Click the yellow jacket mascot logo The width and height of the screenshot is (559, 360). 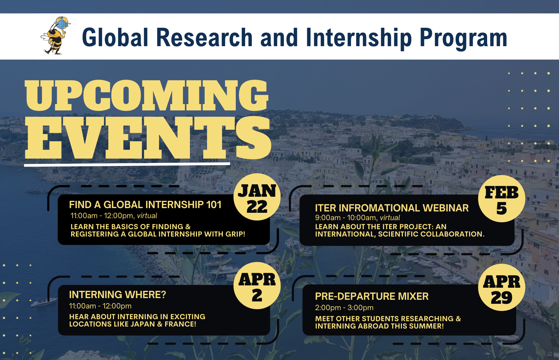click(55, 35)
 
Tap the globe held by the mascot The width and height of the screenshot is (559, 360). click(62, 23)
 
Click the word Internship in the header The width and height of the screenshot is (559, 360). click(358, 38)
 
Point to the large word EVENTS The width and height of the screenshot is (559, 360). click(148, 138)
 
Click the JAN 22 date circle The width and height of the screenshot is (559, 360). click(257, 197)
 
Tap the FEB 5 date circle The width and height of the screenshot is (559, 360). click(501, 199)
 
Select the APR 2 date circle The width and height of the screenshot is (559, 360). click(257, 286)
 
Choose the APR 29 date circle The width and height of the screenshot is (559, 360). click(501, 287)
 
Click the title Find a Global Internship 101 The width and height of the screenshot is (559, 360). click(145, 205)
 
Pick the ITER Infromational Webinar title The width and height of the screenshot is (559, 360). click(392, 208)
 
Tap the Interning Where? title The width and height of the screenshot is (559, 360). click(118, 294)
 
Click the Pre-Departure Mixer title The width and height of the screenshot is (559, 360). click(372, 296)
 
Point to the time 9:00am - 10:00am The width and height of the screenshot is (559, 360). click(346, 218)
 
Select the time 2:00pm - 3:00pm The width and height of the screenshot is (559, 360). click(344, 307)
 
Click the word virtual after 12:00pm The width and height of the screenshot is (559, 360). click(147, 216)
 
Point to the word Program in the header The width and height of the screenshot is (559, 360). click(463, 38)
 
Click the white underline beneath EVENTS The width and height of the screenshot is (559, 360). click(127, 165)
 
